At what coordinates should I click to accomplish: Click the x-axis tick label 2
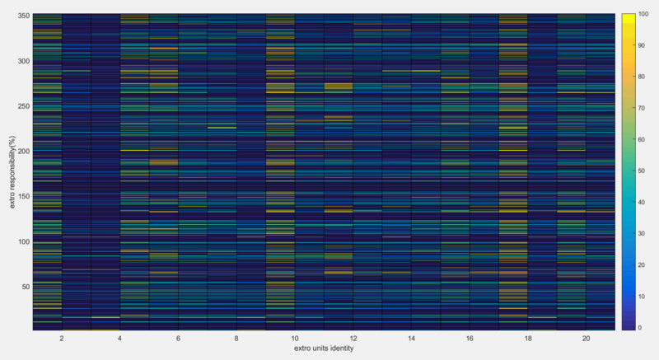click(62, 339)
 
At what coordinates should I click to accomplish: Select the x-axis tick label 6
click(178, 339)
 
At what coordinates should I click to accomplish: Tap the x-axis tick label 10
click(294, 339)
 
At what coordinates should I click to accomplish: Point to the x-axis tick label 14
click(410, 339)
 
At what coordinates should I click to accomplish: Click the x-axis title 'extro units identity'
click(324, 349)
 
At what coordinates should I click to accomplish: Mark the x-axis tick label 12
click(352, 339)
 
